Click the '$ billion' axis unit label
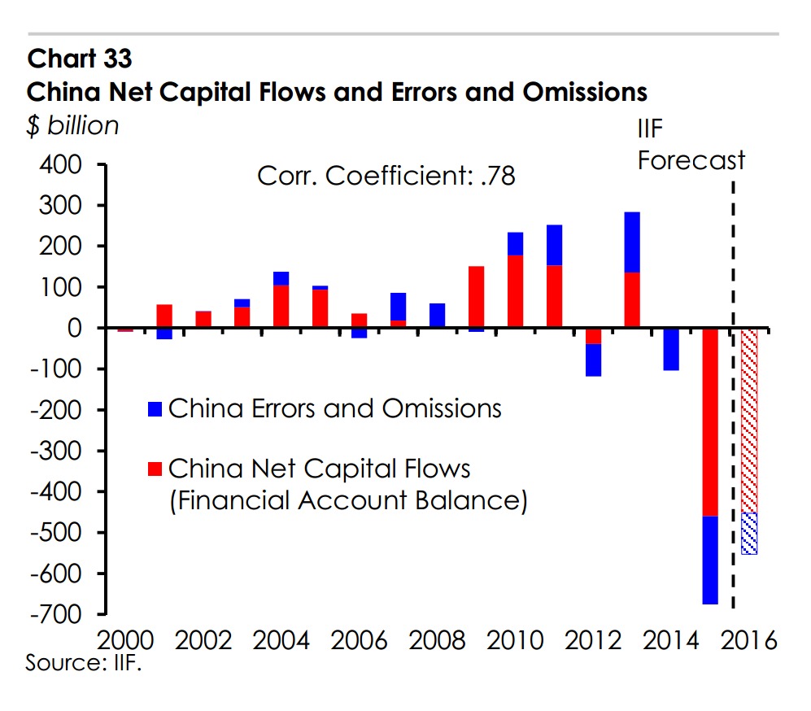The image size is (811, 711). (x=73, y=126)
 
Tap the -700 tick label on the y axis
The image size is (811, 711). (x=55, y=614)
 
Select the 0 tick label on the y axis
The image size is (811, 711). (x=78, y=329)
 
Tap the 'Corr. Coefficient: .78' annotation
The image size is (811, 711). (x=386, y=176)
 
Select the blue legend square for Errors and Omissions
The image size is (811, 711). (x=157, y=409)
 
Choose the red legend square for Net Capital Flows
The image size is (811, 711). (x=157, y=469)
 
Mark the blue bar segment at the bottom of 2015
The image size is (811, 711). (x=709, y=560)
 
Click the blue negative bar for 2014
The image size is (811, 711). (x=670, y=349)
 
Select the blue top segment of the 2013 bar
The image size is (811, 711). (x=632, y=242)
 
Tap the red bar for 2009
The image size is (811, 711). (x=477, y=297)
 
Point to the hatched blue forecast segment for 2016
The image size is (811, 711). (x=748, y=534)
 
